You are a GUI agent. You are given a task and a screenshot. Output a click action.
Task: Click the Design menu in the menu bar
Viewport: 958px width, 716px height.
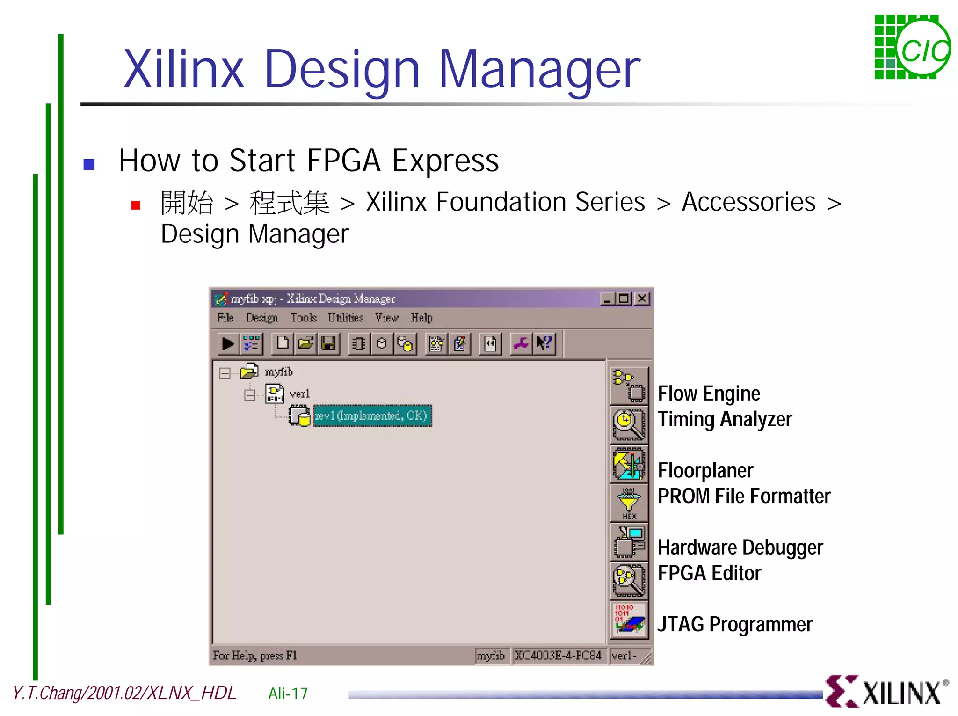262,318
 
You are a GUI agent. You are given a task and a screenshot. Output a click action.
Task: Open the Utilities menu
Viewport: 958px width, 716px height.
346,318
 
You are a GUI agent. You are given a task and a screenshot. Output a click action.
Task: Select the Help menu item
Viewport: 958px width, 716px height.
421,318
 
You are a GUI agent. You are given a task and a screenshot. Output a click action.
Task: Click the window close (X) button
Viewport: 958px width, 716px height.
643,299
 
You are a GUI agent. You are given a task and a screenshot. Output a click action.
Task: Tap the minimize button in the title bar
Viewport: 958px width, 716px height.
607,299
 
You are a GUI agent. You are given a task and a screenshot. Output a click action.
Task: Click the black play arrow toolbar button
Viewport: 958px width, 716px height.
228,344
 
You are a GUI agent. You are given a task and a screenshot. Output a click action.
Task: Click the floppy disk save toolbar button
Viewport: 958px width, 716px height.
329,344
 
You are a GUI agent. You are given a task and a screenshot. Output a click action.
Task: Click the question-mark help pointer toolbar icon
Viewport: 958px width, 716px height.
544,344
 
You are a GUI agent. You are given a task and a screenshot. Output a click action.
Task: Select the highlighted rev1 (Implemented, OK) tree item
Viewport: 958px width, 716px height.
372,416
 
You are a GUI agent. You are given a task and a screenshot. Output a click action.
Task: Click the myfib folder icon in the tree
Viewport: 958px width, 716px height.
249,372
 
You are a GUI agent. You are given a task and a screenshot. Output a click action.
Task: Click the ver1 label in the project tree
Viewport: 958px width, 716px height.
299,394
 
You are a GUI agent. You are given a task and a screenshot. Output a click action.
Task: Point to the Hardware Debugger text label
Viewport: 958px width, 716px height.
740,547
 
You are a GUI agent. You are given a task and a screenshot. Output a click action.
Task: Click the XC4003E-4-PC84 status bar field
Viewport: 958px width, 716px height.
559,656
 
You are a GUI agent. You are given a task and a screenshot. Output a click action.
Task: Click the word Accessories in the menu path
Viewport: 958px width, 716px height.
748,202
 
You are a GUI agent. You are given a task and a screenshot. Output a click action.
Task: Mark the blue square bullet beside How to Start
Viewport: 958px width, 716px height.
89,164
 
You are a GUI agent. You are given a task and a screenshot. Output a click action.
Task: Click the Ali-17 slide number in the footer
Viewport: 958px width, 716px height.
288,694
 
